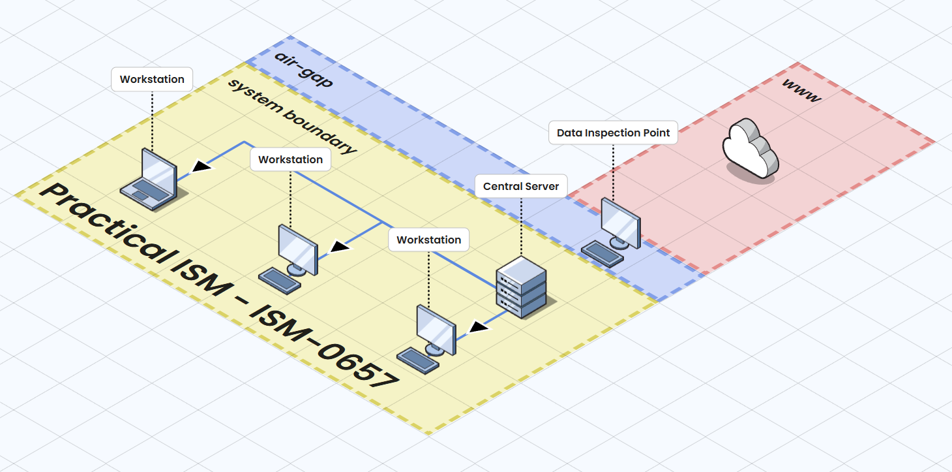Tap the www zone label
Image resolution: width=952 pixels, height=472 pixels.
point(800,92)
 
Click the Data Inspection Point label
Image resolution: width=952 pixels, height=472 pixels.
point(613,133)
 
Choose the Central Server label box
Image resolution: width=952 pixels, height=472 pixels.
point(521,186)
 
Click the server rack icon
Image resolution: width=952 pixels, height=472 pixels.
point(521,287)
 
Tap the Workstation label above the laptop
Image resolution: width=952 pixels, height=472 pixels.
point(152,80)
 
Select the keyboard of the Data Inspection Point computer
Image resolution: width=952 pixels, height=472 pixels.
point(602,253)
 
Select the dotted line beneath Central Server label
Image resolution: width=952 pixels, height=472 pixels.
point(521,225)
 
